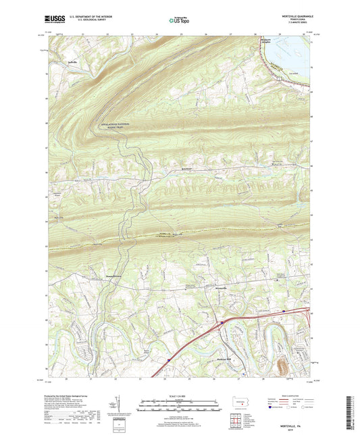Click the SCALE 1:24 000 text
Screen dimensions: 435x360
tap(179, 394)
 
